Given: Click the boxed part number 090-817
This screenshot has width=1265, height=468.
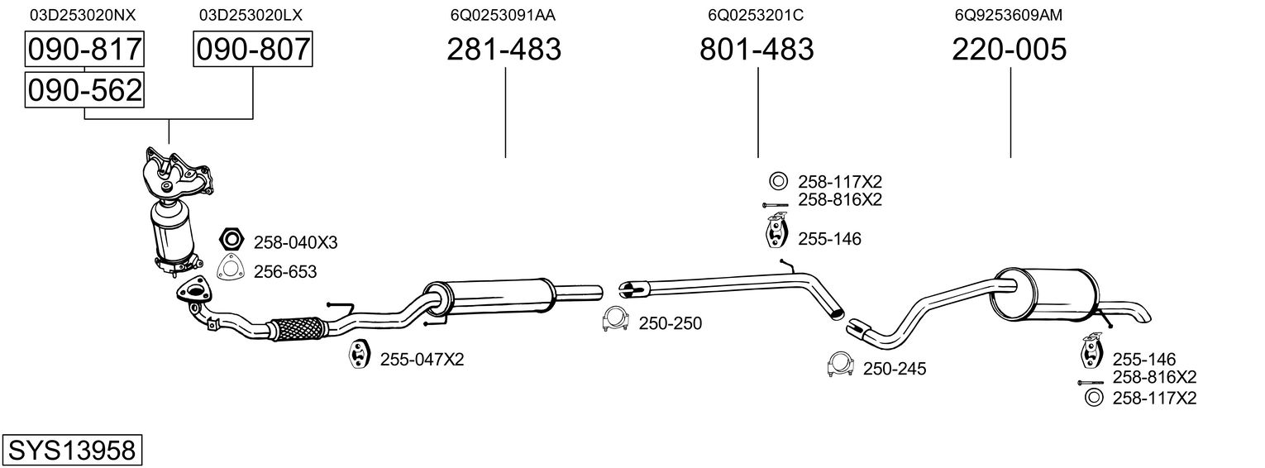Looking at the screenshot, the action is coord(84,49).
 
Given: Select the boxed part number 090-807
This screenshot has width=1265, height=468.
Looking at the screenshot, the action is coord(252,49).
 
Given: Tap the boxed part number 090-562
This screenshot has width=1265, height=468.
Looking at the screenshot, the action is coord(84,90).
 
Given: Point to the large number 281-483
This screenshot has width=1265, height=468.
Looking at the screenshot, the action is coord(504,49).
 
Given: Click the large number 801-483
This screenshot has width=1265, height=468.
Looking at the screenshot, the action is coord(757,49).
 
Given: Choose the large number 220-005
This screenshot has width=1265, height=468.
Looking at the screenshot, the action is coord(1010,49).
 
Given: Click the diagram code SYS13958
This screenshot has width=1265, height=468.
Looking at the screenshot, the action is coord(72,450).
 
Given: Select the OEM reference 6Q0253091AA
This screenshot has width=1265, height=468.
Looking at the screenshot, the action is coord(503,15).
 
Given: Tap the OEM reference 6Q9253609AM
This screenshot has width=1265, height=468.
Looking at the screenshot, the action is coord(1009,15).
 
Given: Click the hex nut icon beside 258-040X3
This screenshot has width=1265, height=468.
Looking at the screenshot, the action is coord(231,239).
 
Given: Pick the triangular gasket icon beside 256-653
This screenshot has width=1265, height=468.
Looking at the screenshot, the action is coord(231,268).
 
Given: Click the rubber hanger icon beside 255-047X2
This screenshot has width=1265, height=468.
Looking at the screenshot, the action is coord(357,354).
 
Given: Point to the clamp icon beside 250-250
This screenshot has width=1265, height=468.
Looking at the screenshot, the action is coord(616,319).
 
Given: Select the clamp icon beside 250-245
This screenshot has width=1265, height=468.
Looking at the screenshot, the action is coord(840,364).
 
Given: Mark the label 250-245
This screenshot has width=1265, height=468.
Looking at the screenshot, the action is coord(895,369).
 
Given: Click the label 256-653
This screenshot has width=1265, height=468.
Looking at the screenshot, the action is coord(285,271).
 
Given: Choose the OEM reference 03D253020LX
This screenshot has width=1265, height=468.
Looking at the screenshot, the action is coord(251,15).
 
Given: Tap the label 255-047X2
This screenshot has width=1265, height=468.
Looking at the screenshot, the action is coord(422,359).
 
